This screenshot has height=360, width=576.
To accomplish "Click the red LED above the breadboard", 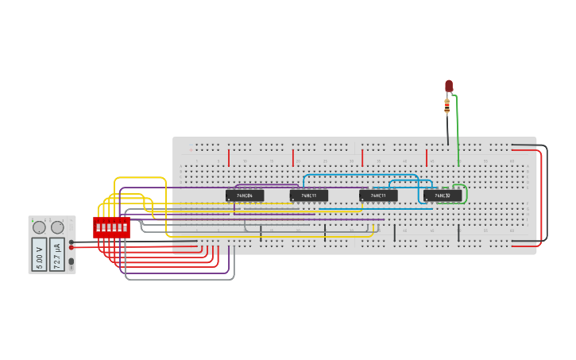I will (x=449, y=85).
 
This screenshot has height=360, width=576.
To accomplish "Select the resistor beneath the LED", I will (x=447, y=105).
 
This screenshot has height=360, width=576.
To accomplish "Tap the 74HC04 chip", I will (x=245, y=195).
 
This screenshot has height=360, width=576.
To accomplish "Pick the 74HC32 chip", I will (x=442, y=195).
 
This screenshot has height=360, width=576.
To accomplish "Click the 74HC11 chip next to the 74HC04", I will (x=308, y=195).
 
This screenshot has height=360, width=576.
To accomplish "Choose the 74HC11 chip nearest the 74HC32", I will (x=378, y=195).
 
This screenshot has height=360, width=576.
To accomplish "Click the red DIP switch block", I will (x=111, y=227).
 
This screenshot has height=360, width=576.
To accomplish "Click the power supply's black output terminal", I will (x=72, y=242).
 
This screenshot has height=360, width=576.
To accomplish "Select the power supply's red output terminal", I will (x=72, y=247).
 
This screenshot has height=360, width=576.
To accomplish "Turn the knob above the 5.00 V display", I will (x=39, y=227).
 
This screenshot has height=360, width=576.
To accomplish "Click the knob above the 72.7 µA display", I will (x=57, y=227).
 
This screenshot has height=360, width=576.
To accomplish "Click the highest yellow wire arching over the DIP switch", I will (x=140, y=178).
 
